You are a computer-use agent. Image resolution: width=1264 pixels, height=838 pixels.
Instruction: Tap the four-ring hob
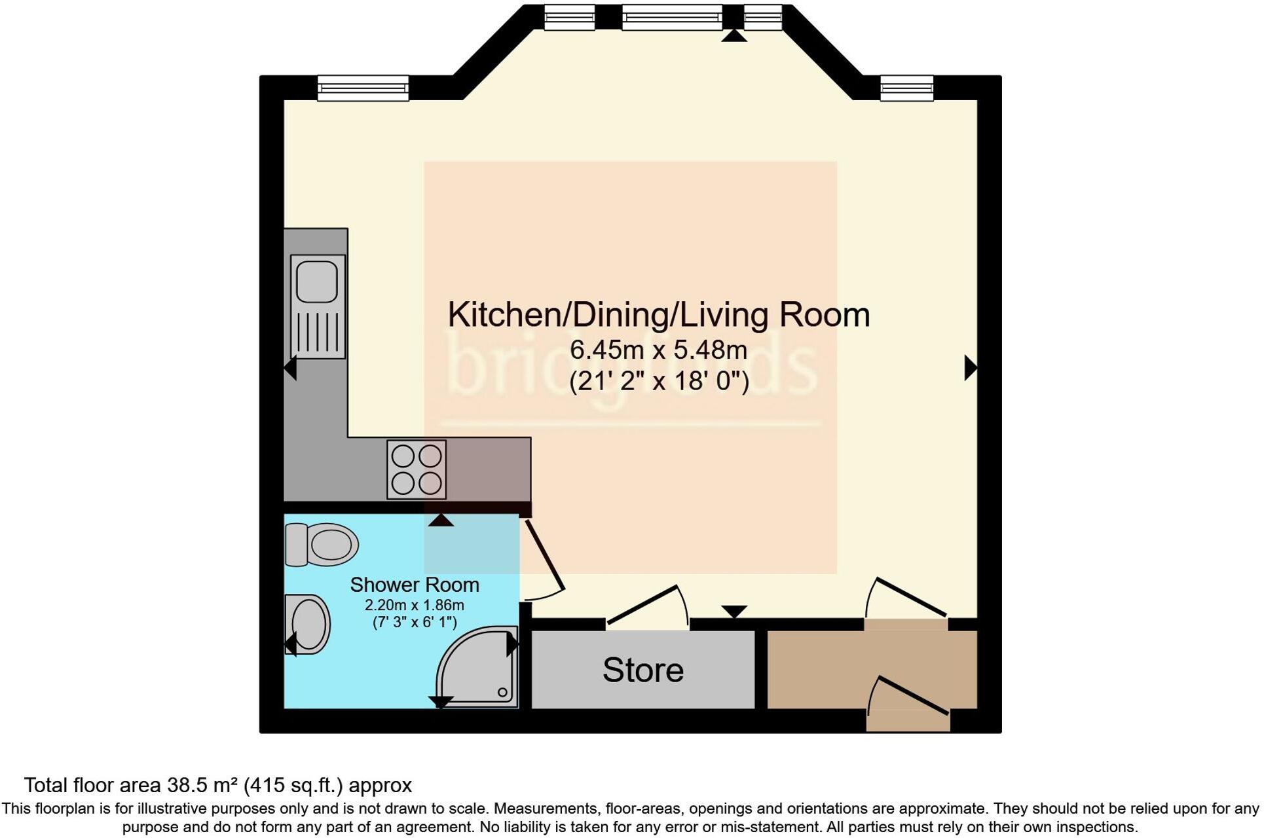point(417,469)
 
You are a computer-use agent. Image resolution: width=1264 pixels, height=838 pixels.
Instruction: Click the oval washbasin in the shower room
point(308,624)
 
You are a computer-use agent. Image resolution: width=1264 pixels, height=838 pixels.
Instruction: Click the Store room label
point(642,670)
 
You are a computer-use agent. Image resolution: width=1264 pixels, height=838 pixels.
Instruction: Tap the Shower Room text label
point(414,585)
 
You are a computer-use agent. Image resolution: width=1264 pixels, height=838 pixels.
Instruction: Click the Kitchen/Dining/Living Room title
point(658,314)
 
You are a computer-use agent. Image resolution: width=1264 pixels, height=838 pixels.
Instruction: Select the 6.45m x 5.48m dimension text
point(658,350)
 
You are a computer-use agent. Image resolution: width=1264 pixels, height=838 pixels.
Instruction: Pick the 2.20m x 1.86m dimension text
point(414,604)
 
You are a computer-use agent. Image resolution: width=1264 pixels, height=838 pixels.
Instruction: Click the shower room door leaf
point(544,554)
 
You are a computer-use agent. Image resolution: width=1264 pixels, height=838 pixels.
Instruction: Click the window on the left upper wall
point(363,88)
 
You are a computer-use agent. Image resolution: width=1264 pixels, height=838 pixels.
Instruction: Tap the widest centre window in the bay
point(672,17)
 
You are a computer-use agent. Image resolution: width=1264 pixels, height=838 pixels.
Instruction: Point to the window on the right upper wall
point(906,88)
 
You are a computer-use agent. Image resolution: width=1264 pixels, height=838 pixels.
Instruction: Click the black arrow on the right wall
point(970,367)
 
